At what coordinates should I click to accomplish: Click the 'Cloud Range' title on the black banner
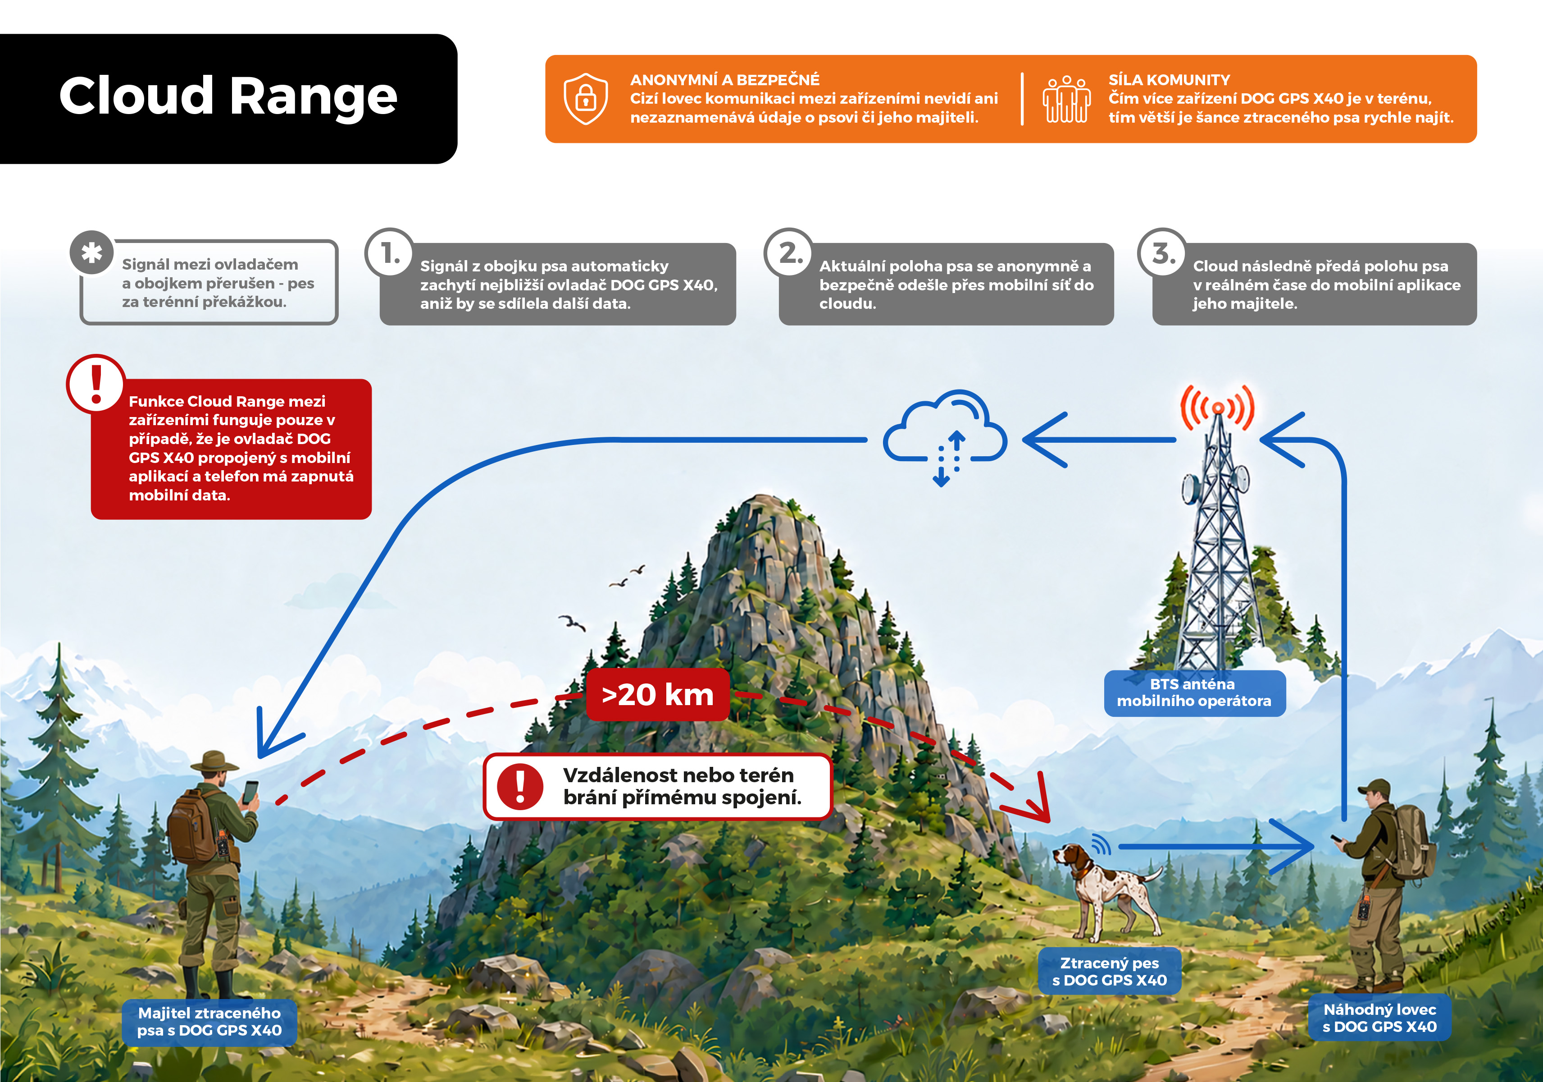pyautogui.click(x=228, y=96)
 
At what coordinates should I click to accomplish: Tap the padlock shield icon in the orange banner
pyautogui.click(x=585, y=99)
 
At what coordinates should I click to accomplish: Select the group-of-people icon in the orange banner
pyautogui.click(x=1066, y=100)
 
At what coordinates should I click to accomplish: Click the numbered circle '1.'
pyautogui.click(x=390, y=253)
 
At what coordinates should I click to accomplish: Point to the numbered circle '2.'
pyautogui.click(x=789, y=253)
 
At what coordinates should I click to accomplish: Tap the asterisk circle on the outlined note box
pyautogui.click(x=92, y=253)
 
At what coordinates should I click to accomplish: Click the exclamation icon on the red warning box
pyautogui.click(x=96, y=384)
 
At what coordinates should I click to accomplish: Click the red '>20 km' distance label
pyautogui.click(x=657, y=695)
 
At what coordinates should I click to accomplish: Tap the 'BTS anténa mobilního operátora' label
pyautogui.click(x=1194, y=692)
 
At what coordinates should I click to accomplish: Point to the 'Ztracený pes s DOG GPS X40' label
pyautogui.click(x=1110, y=972)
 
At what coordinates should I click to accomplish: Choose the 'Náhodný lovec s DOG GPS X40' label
pyautogui.click(x=1380, y=1018)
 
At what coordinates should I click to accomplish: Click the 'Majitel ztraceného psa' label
pyautogui.click(x=209, y=1022)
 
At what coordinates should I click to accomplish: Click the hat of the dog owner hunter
pyautogui.click(x=215, y=762)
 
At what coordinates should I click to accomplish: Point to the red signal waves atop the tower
pyautogui.click(x=1217, y=408)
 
